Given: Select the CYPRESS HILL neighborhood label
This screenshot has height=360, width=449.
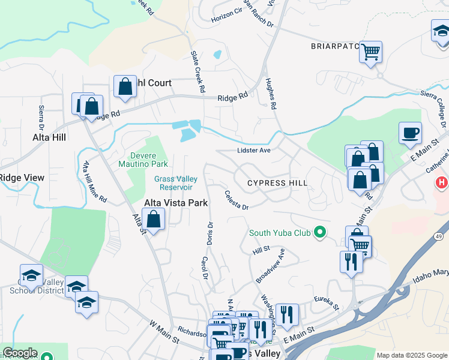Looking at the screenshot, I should click(278, 182).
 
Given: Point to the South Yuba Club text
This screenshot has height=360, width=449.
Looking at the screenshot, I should click(280, 232).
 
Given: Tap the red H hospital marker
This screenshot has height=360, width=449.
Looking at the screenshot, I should click(442, 182).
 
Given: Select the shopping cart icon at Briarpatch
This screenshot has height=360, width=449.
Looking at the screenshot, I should click(371, 52).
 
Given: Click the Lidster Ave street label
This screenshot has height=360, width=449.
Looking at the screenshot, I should click(254, 151).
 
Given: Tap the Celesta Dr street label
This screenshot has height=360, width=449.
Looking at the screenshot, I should click(237, 200).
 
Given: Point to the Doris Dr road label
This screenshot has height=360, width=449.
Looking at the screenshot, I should click(210, 233).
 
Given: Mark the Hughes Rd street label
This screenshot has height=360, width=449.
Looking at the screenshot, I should click(270, 95).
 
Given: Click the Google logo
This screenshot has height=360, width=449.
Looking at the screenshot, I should click(20, 353).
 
